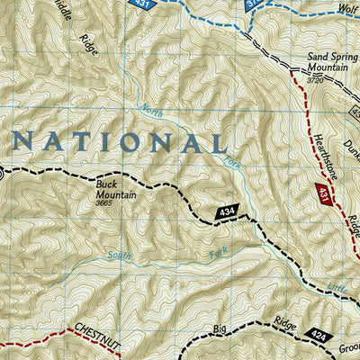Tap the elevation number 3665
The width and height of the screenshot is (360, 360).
click(109, 202)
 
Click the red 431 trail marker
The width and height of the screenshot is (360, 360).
click(321, 192)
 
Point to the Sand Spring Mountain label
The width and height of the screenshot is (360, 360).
click(329, 62)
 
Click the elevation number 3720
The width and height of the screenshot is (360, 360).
click(313, 79)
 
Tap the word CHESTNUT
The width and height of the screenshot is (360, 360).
click(93, 330)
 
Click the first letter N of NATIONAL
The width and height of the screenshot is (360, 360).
click(24, 140)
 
